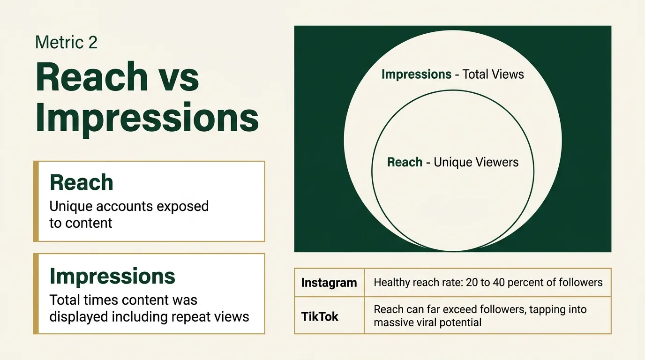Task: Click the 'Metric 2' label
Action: (66, 43)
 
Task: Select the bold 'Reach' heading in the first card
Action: (82, 182)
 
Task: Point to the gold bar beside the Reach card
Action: (36, 201)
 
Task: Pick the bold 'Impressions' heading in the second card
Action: (112, 276)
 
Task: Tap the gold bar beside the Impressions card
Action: (36, 294)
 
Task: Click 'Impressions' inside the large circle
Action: (416, 74)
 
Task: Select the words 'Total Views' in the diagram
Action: (493, 74)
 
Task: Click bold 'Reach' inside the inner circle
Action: (405, 163)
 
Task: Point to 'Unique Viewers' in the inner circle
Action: (476, 163)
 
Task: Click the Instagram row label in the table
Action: (329, 283)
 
